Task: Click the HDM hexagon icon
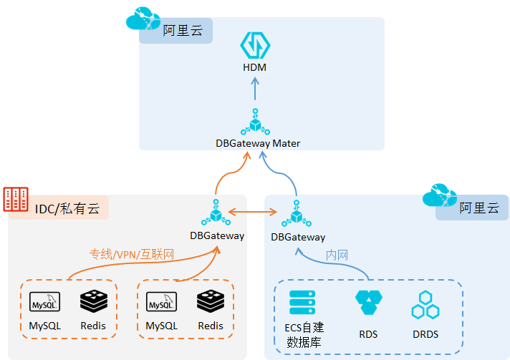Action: [255, 45]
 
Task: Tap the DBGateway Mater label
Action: [258, 142]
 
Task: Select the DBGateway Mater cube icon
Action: [255, 122]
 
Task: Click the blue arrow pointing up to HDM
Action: [255, 89]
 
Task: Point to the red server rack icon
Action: [16, 199]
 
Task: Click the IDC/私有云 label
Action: [67, 208]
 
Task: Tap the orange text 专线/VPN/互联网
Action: [132, 253]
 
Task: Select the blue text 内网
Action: [337, 255]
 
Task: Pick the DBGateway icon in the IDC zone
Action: [216, 212]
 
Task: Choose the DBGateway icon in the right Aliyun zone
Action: [297, 213]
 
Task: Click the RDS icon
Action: [368, 303]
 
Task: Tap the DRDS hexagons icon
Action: [425, 305]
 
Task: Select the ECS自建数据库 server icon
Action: [302, 303]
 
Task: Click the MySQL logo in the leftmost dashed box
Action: [44, 302]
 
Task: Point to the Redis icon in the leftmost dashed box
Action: [93, 302]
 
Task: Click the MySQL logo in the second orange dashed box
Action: [161, 302]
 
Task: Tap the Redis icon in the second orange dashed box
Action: [210, 302]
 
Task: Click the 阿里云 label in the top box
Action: [182, 31]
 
